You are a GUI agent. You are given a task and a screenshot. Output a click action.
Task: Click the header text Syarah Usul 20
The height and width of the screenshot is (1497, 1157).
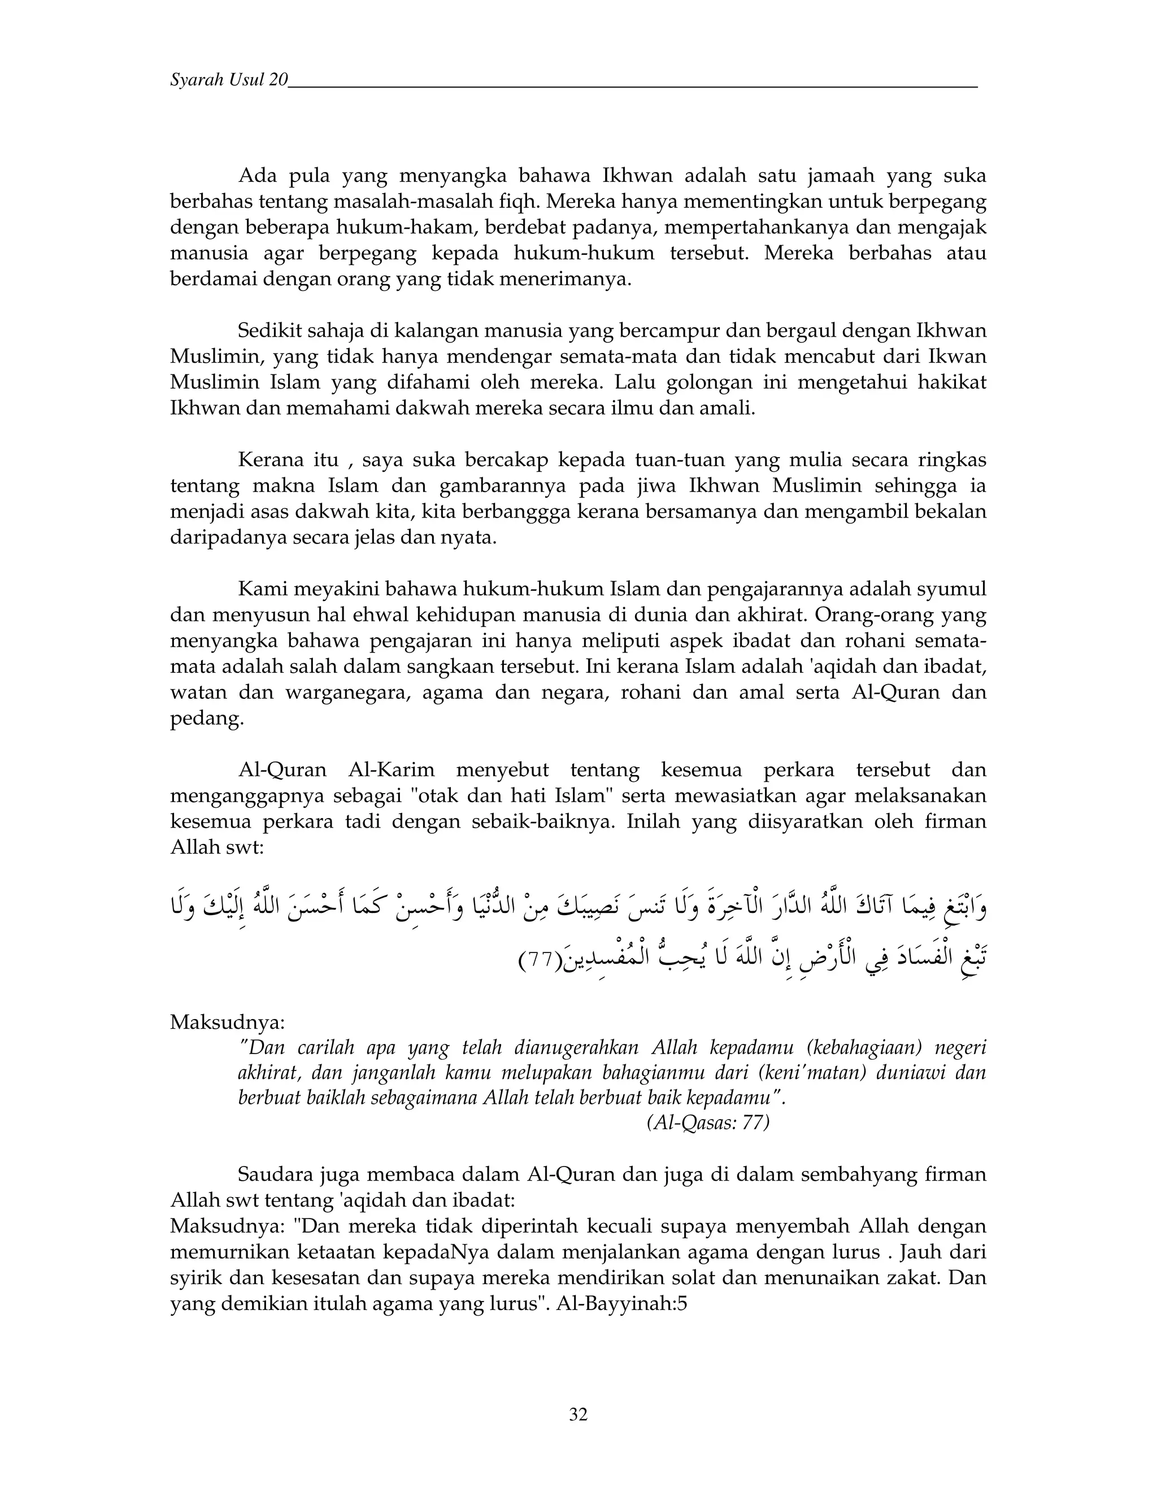228,80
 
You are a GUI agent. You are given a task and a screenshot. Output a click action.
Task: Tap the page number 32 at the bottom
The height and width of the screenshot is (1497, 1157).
578,1414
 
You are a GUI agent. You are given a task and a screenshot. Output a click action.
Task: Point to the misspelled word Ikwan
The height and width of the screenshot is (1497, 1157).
957,356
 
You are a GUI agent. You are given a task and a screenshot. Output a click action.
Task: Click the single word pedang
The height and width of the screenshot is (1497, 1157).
206,719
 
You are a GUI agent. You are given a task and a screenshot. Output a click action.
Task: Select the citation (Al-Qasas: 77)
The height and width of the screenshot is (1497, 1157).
707,1123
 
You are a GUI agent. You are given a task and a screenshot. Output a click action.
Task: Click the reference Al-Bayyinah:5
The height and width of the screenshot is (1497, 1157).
621,1304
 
